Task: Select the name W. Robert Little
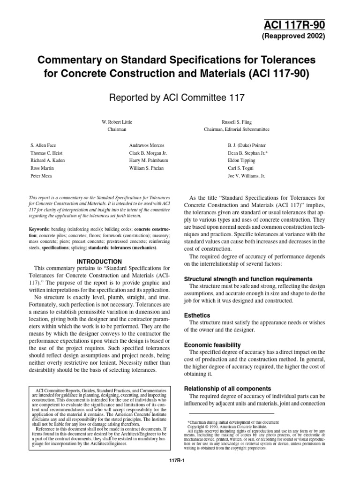pos(117,121)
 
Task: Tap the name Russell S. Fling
pos(236,121)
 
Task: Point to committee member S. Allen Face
pos(43,146)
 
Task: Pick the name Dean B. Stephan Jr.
pos(248,153)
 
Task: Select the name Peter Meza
pos(41,175)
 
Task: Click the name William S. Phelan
pos(146,168)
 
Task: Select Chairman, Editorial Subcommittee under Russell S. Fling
pos(236,129)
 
